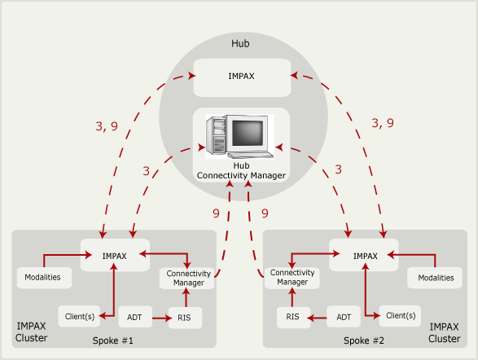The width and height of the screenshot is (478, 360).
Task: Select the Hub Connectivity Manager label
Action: pyautogui.click(x=240, y=170)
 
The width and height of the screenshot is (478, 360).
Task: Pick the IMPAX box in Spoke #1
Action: pyautogui.click(x=114, y=255)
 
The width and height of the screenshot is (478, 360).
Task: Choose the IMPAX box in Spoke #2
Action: pyautogui.click(x=364, y=255)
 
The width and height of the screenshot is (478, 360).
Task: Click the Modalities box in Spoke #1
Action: pyautogui.click(x=44, y=278)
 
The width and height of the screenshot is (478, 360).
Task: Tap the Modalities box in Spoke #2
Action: pyautogui.click(x=436, y=278)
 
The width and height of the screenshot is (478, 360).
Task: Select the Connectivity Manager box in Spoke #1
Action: pyautogui.click(x=187, y=278)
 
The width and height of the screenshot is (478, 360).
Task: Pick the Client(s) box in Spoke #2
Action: pyautogui.click(x=399, y=315)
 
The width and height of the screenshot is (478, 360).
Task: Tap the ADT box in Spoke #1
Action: pyautogui.click(x=133, y=315)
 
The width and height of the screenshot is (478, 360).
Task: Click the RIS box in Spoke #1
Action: pyautogui.click(x=185, y=315)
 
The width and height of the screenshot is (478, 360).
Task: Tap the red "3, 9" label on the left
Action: pyautogui.click(x=108, y=126)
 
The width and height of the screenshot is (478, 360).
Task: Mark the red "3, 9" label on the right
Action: pyautogui.click(x=382, y=123)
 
